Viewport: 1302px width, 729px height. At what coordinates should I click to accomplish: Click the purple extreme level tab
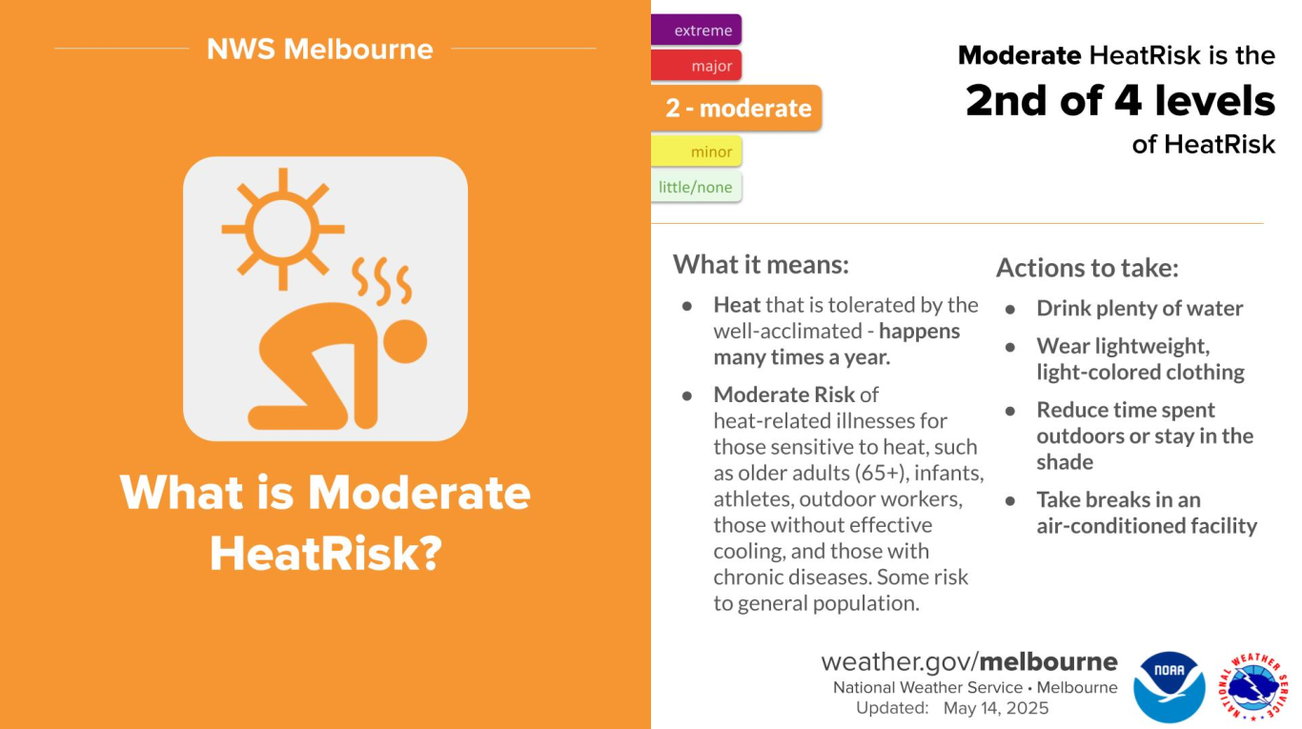(x=696, y=30)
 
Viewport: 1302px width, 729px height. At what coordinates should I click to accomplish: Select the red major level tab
(x=696, y=65)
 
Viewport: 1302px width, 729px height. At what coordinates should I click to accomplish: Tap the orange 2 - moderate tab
(x=736, y=108)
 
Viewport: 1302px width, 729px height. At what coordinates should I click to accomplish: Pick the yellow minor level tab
(x=696, y=152)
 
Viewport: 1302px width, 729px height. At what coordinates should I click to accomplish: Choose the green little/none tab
(x=696, y=187)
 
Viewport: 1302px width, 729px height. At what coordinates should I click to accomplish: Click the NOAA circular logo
(x=1169, y=686)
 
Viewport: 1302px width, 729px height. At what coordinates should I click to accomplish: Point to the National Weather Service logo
(x=1253, y=686)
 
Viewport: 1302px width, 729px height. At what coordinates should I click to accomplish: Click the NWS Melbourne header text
(x=319, y=49)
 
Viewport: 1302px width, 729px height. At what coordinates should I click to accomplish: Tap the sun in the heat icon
(x=283, y=229)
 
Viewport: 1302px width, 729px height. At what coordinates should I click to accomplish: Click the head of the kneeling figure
(x=405, y=342)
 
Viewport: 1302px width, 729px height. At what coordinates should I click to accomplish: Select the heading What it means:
(x=761, y=265)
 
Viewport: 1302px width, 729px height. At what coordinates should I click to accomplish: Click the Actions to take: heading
(x=1087, y=268)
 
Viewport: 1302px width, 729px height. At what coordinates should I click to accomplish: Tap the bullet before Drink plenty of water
(x=1010, y=310)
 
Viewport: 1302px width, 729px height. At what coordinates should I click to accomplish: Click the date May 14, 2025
(x=996, y=708)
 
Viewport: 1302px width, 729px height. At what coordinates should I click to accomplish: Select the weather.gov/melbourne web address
(x=969, y=662)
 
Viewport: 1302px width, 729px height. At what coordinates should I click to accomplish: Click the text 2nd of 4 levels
(x=1120, y=101)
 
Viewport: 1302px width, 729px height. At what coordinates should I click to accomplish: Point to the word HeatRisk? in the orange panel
(x=326, y=553)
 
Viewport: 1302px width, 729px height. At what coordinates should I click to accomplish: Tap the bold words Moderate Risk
(x=784, y=395)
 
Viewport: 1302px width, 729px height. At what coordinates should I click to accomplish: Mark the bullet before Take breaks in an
(x=1010, y=500)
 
